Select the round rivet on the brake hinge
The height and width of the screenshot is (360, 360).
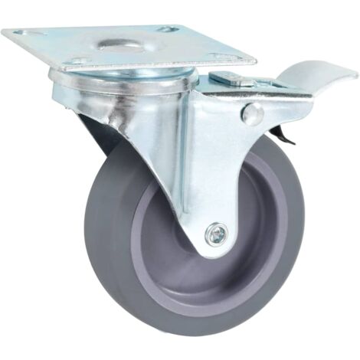(x=251, y=114)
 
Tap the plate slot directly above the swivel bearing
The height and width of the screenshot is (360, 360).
(x=77, y=61)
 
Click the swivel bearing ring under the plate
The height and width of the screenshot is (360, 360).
(x=123, y=80)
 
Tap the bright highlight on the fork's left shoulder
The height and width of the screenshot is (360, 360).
(x=115, y=115)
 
